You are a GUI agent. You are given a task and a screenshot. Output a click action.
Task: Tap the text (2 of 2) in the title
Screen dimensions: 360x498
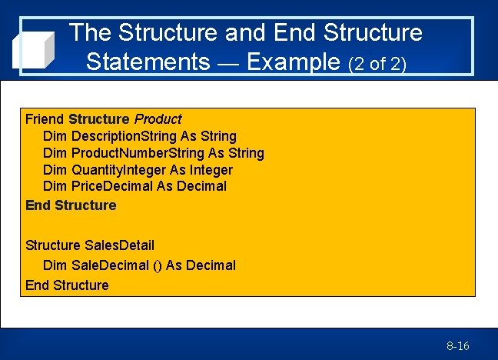pos(377,63)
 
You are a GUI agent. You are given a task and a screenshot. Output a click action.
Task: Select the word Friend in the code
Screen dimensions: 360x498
pos(45,119)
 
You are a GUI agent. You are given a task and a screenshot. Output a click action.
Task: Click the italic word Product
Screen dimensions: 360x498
pos(158,119)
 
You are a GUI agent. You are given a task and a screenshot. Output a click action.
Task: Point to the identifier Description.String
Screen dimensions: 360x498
pos(124,136)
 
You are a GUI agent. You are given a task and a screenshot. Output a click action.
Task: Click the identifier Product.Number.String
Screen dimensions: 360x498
pos(138,153)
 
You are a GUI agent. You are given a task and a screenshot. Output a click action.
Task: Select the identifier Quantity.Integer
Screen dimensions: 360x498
pos(118,170)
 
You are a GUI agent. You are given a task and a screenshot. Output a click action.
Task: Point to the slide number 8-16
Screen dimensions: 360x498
pos(458,346)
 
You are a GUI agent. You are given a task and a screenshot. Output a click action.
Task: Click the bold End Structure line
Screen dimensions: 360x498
pos(71,205)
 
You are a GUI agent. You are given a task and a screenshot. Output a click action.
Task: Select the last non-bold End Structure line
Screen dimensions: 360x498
pos(67,285)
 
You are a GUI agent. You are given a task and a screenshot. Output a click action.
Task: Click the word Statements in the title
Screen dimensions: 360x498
pos(148,61)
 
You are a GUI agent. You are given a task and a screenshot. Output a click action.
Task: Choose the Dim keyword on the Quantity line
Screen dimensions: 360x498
pos(55,170)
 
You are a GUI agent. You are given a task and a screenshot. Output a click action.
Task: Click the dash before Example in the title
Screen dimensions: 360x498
pos(227,62)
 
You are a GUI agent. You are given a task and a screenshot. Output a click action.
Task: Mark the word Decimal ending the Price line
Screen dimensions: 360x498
pos(201,186)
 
